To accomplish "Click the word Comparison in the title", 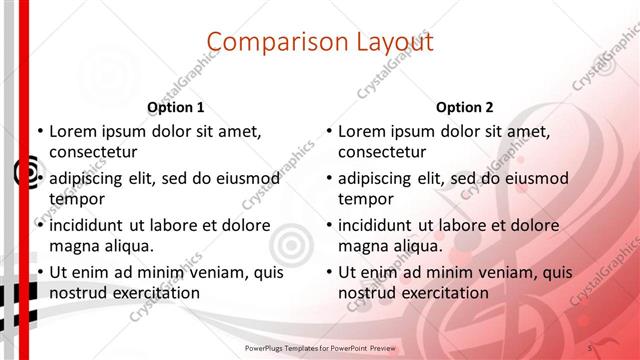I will click(x=269, y=42).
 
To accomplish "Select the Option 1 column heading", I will click(x=176, y=107).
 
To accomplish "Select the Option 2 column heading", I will click(x=465, y=107).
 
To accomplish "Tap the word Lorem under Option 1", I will click(x=72, y=130).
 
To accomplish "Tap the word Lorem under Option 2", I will click(x=361, y=130).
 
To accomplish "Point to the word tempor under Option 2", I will click(x=366, y=198).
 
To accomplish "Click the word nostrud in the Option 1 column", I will click(x=77, y=292).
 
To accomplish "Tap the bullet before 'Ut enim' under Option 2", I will click(x=330, y=272).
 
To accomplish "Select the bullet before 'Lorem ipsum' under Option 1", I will click(x=41, y=130).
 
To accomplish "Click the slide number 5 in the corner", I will click(x=591, y=347).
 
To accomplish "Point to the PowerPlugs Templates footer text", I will click(x=319, y=347).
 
